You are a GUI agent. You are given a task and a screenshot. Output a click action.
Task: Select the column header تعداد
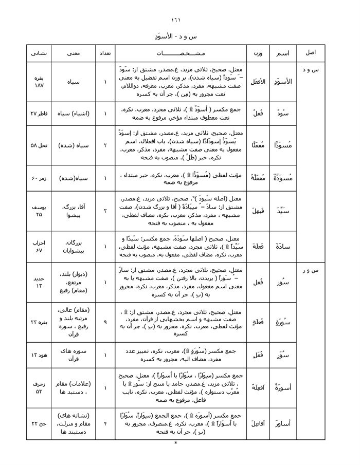(x=105, y=53)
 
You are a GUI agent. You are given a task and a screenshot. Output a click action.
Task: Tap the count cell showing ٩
(x=105, y=321)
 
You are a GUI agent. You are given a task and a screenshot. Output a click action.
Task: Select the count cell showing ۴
(x=105, y=423)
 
